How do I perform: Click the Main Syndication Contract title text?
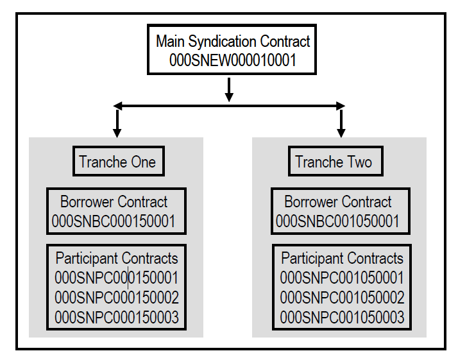click(x=233, y=42)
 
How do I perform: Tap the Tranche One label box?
click(x=117, y=162)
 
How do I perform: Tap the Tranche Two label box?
click(x=334, y=162)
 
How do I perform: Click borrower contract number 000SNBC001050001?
click(x=338, y=221)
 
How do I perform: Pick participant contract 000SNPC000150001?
click(x=116, y=278)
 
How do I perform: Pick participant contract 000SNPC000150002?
click(x=116, y=298)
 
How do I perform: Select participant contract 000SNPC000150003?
click(x=116, y=317)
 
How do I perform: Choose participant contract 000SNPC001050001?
click(x=342, y=278)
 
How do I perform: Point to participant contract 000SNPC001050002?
click(x=342, y=298)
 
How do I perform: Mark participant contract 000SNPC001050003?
click(x=342, y=317)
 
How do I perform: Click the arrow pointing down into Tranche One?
click(x=117, y=123)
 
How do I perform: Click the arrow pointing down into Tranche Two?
click(x=341, y=123)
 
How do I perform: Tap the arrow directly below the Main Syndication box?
click(x=229, y=90)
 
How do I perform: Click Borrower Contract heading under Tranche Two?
click(x=337, y=202)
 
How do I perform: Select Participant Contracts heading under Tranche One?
click(x=116, y=259)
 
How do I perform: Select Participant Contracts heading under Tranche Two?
click(x=342, y=259)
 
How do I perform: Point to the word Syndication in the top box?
click(x=225, y=42)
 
